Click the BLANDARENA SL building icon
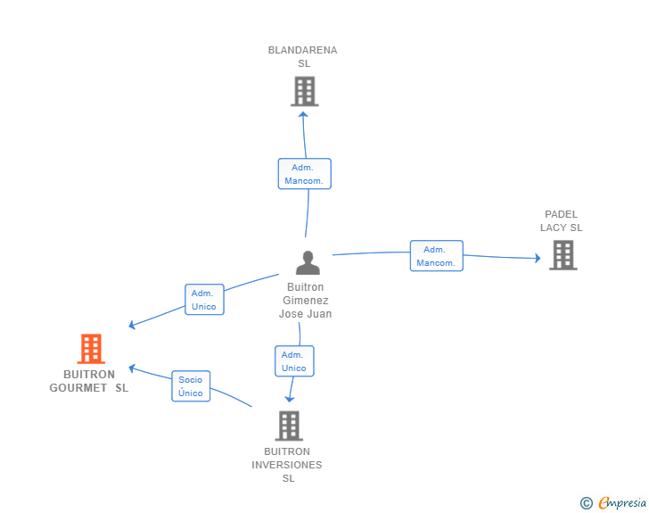tap(305, 91)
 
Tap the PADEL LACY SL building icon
tap(563, 255)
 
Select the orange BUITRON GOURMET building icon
tap(91, 349)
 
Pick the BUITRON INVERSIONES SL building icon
tap(290, 426)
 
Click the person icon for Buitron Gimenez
tap(308, 262)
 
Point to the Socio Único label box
tap(191, 386)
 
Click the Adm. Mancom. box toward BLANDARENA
tap(305, 174)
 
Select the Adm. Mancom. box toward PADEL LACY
tap(437, 256)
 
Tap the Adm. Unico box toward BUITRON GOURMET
tap(204, 300)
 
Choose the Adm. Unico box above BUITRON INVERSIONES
tap(294, 361)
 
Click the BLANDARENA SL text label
tap(303, 57)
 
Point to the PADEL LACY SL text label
tap(562, 221)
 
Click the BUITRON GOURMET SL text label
tap(89, 381)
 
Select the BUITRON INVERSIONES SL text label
tap(287, 465)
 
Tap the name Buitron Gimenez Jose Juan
tap(306, 301)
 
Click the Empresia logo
tap(622, 502)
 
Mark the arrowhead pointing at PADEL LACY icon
tap(538, 258)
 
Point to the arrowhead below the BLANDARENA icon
tap(303, 114)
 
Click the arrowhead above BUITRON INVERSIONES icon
tap(290, 399)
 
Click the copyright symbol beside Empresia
tap(587, 503)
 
